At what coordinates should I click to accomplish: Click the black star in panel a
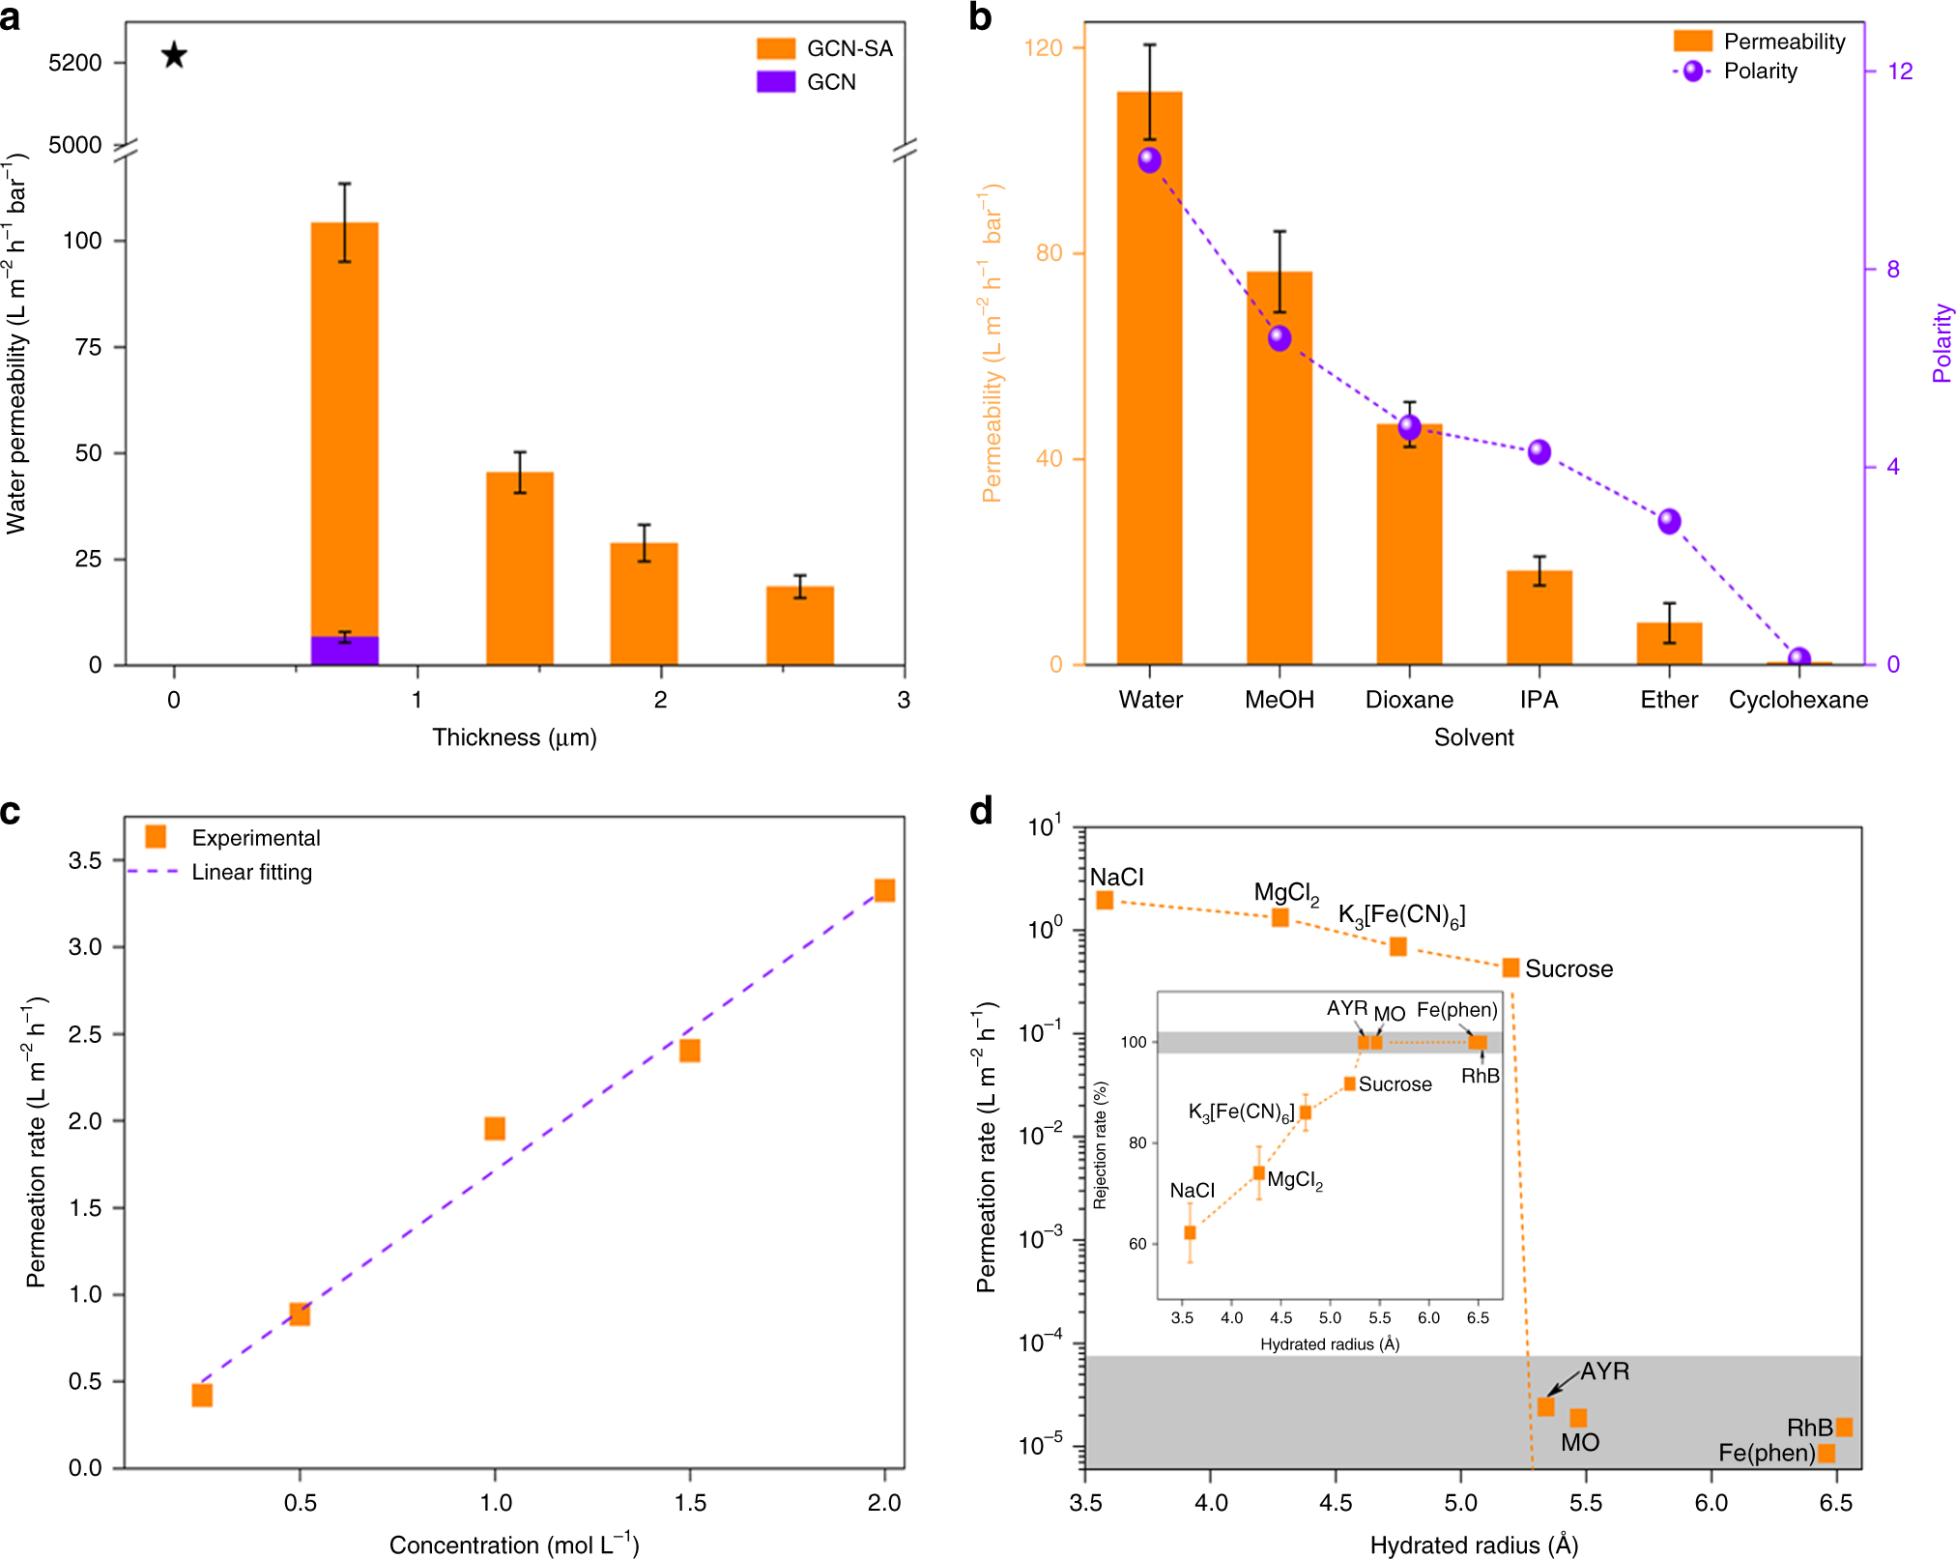pyautogui.click(x=174, y=55)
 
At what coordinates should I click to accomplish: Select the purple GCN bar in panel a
pyautogui.click(x=344, y=650)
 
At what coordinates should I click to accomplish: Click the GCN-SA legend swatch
pyautogui.click(x=775, y=48)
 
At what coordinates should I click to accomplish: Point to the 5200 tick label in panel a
pyautogui.click(x=74, y=63)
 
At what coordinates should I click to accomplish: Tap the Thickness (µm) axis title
pyautogui.click(x=514, y=737)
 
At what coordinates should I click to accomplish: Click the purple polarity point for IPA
pyautogui.click(x=1539, y=451)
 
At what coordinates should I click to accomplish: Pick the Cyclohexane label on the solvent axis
pyautogui.click(x=1798, y=700)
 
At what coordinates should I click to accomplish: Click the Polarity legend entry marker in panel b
pyautogui.click(x=1692, y=71)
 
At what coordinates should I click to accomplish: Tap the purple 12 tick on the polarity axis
pyautogui.click(x=1899, y=71)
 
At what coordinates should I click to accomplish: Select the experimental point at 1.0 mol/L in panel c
pyautogui.click(x=495, y=1128)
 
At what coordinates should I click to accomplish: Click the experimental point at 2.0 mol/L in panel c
pyautogui.click(x=884, y=890)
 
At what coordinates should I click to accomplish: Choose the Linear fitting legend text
pyautogui.click(x=251, y=872)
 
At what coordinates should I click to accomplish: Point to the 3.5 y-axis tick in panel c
pyautogui.click(x=84, y=860)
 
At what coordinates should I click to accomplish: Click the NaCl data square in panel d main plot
pyautogui.click(x=1105, y=900)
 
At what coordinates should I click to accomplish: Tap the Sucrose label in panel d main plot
pyautogui.click(x=1568, y=968)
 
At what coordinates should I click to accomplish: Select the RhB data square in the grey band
pyautogui.click(x=1844, y=1427)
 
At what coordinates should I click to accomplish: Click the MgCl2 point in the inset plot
pyautogui.click(x=1258, y=1173)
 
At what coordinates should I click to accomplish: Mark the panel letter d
pyautogui.click(x=981, y=812)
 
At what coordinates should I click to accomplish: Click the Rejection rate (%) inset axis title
pyautogui.click(x=1100, y=1145)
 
